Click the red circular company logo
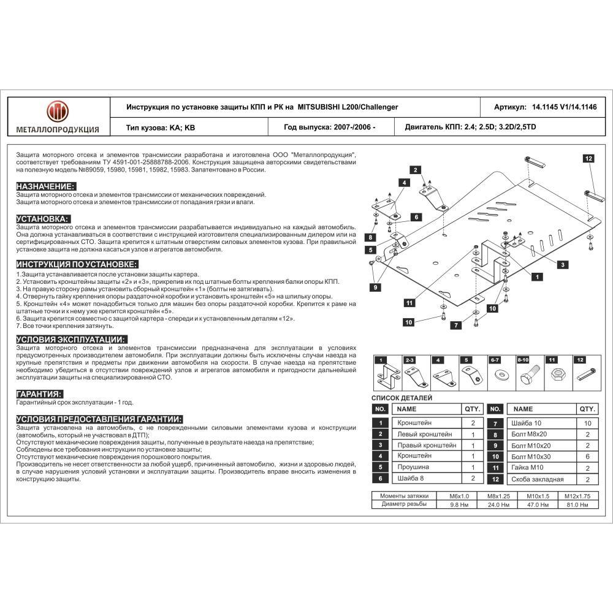58,112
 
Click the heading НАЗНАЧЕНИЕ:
45,186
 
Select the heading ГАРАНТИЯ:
39,394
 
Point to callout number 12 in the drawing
588,159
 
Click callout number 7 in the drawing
455,326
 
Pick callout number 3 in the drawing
562,264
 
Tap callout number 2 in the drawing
415,170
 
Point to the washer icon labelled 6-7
495,375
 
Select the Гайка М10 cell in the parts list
527,468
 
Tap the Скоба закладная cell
537,479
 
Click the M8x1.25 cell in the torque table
498,496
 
